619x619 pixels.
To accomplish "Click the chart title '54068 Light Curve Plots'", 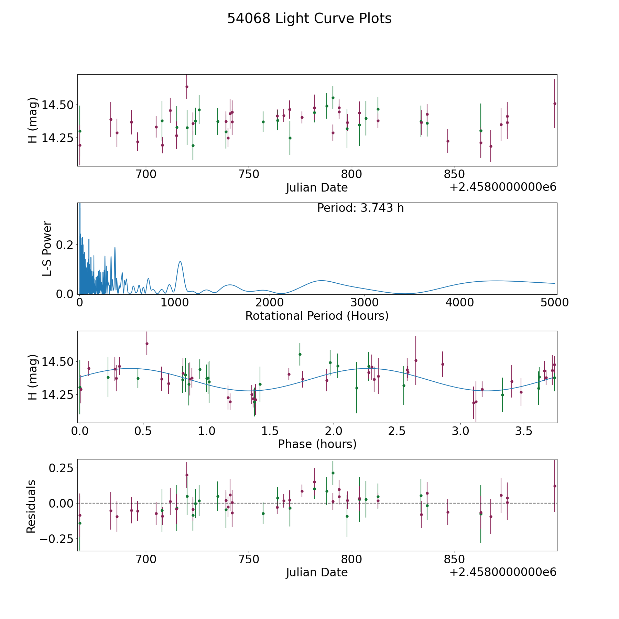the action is coord(309,19).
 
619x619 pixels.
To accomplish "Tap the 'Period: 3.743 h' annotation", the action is coord(360,208).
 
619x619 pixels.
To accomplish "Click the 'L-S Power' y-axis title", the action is coord(47,249).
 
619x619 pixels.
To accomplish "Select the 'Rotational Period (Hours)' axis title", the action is coord(317,316).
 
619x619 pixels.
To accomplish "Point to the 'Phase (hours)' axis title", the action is coord(317,444).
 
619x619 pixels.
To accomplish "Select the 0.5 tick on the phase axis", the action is coord(143,431).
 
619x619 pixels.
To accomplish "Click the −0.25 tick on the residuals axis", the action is coord(56,539).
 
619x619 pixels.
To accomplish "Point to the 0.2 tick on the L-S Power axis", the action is coord(65,245).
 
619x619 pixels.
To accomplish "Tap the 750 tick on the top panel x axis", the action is coord(249,175).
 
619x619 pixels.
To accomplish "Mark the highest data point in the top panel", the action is coord(187,87).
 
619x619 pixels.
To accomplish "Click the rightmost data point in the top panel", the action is coord(555,104).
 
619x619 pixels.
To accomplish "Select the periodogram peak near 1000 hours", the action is coord(180,262).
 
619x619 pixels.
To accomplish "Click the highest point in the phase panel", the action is coord(147,344).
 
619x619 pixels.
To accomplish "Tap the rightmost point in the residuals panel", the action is coord(555,486).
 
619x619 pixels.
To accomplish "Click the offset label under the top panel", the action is coord(503,187).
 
